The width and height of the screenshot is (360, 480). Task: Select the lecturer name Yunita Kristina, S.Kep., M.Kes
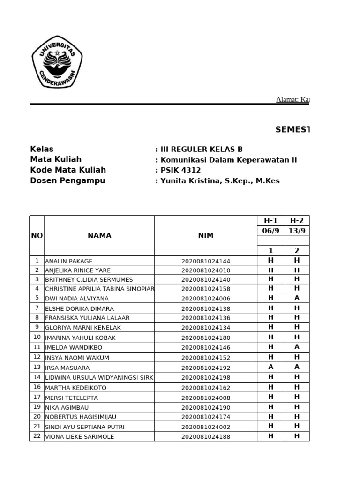click(x=220, y=181)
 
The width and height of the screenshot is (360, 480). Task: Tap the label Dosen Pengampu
click(x=67, y=181)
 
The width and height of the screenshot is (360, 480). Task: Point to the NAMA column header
click(x=99, y=236)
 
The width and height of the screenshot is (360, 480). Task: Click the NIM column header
click(x=206, y=236)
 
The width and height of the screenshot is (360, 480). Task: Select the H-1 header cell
click(x=270, y=221)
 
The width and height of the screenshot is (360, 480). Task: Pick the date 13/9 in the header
click(x=297, y=231)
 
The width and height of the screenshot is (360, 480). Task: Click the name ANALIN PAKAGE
click(x=69, y=261)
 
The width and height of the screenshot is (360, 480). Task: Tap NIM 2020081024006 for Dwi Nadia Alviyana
click(x=206, y=299)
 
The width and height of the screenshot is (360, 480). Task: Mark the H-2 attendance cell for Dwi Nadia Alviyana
click(x=297, y=298)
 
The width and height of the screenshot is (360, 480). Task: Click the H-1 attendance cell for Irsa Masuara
click(x=270, y=367)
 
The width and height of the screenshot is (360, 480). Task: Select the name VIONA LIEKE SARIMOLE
click(x=80, y=437)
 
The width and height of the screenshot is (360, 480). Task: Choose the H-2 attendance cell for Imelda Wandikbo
click(x=297, y=347)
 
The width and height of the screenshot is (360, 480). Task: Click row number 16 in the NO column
click(x=37, y=387)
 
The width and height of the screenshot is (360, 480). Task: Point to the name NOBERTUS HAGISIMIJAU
click(x=81, y=417)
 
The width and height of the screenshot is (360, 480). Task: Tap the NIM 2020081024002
click(x=206, y=427)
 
